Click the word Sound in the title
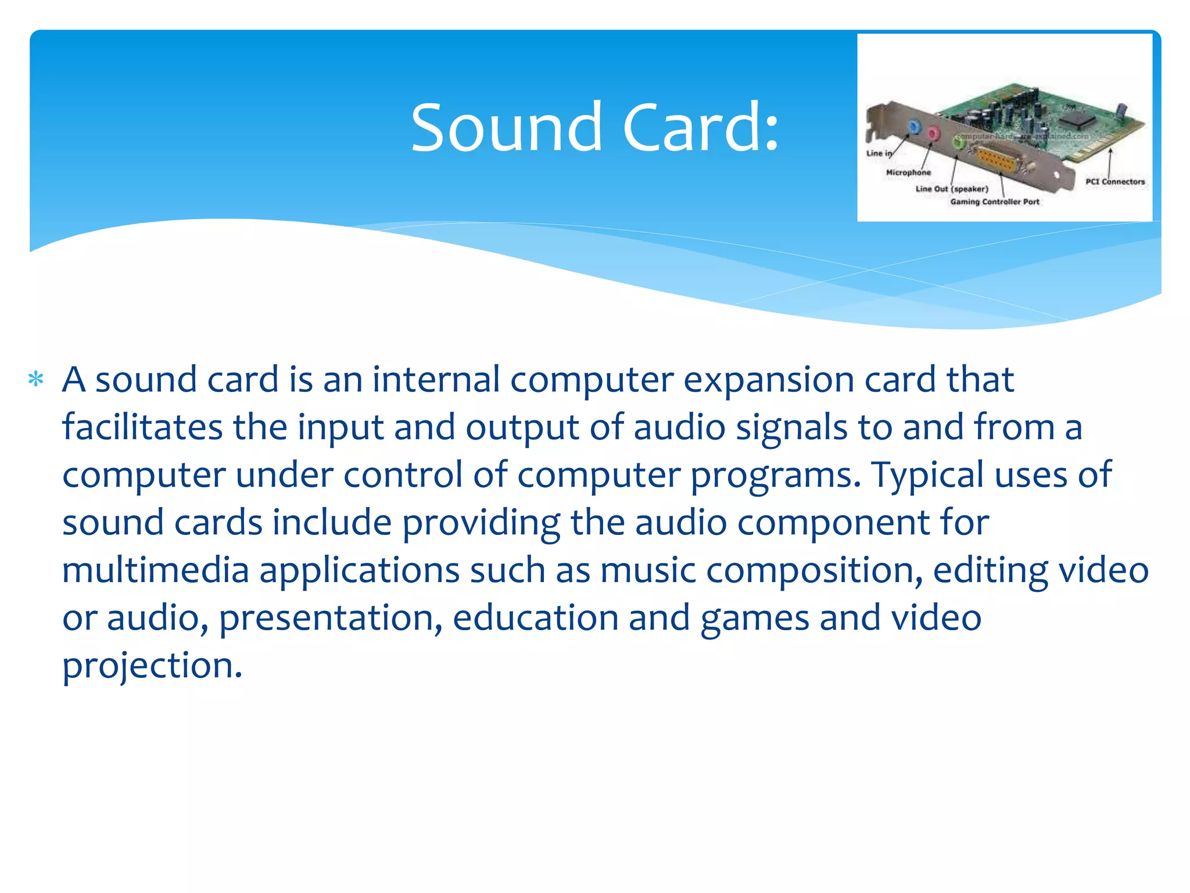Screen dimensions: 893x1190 click(x=506, y=128)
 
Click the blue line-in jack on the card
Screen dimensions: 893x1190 click(x=914, y=126)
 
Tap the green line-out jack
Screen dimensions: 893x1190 click(x=959, y=141)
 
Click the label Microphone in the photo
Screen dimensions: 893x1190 click(x=908, y=173)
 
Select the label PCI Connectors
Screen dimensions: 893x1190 click(x=1114, y=182)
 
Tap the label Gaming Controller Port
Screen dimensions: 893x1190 click(x=994, y=202)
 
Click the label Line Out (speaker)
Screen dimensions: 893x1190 click(x=951, y=189)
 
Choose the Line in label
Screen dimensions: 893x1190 click(x=878, y=153)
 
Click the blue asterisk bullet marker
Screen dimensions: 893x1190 click(x=36, y=380)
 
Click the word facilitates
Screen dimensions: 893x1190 click(x=142, y=427)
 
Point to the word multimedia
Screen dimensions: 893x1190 click(x=156, y=570)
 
